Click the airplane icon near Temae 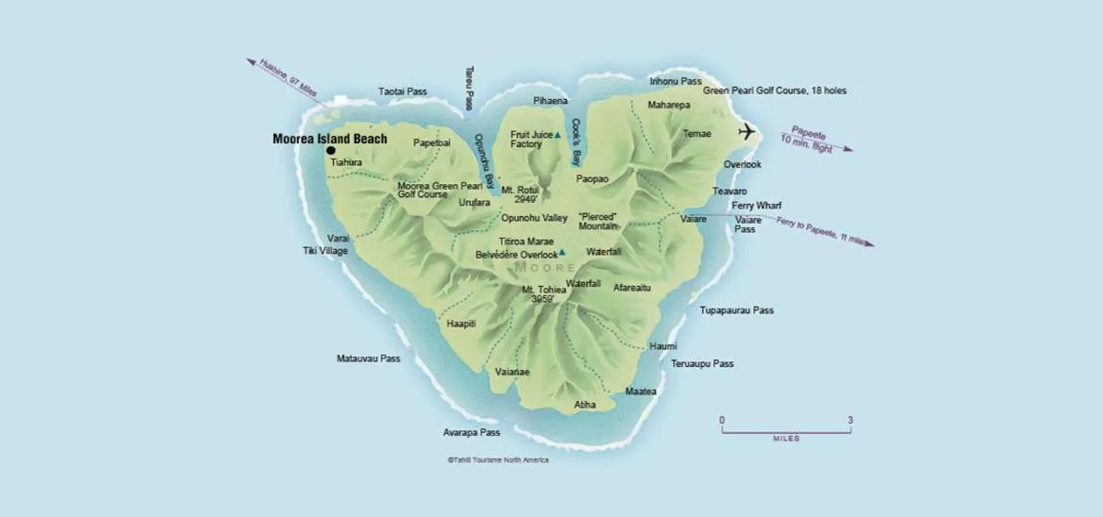(x=749, y=131)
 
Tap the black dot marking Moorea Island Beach (x=331, y=150)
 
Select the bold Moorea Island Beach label (x=329, y=139)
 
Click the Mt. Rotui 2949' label (x=519, y=195)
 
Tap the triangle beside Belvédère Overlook (x=562, y=252)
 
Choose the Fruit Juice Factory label (x=531, y=140)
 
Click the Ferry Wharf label (x=757, y=205)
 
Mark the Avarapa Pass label (x=472, y=432)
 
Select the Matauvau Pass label (x=368, y=359)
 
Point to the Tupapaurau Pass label (x=736, y=310)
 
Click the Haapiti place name (x=461, y=324)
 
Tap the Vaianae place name (x=512, y=372)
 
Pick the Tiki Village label (x=325, y=251)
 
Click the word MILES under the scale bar (x=785, y=439)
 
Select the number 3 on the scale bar (x=850, y=420)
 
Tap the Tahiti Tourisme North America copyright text (x=497, y=460)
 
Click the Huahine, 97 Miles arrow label (x=280, y=79)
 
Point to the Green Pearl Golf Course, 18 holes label (x=774, y=91)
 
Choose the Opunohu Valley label (x=534, y=218)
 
